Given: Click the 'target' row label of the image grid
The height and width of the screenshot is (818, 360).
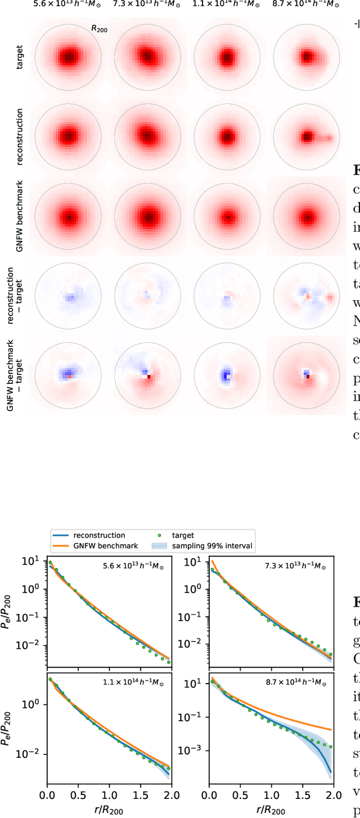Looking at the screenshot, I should tap(20, 57).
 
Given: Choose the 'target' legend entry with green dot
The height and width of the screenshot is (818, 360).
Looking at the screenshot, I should tap(196, 535).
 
